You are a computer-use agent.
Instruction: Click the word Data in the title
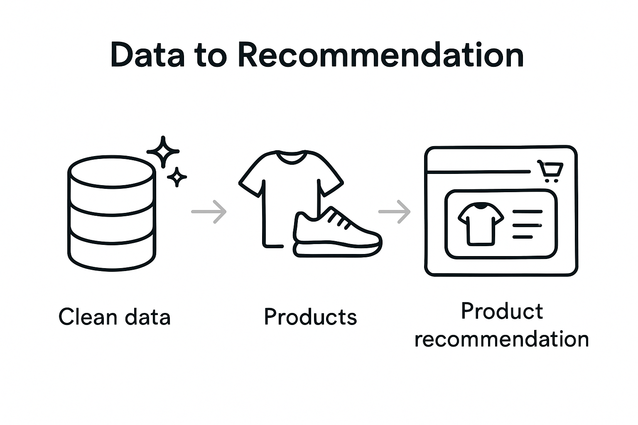coord(147,55)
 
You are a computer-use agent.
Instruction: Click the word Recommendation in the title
coord(380,55)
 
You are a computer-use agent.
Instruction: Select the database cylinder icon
coord(112,213)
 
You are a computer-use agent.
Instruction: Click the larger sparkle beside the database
coord(163,152)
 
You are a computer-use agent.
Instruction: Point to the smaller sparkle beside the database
coord(177,177)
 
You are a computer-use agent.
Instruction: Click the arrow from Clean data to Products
coord(209,212)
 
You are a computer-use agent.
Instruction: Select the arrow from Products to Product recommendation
coord(395,212)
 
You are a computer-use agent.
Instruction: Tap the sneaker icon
coord(337,235)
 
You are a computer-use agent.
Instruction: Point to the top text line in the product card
coord(528,212)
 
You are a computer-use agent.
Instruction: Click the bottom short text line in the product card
coord(523,237)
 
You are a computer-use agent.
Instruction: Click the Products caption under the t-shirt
coord(310,317)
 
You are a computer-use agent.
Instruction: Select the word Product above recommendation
coord(502,311)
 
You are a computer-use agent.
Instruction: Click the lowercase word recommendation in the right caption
coord(502,339)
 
